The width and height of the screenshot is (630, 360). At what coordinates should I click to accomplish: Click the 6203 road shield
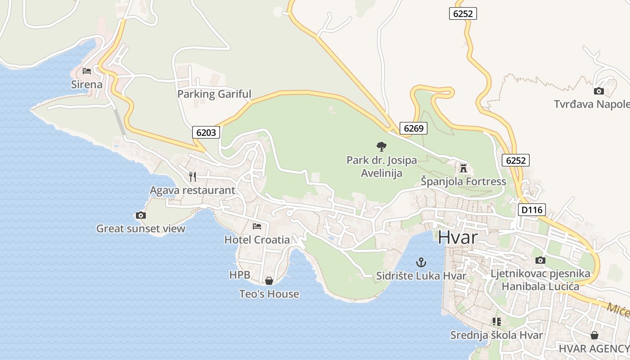pos(207,132)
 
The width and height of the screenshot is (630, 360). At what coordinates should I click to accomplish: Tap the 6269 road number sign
pos(414,128)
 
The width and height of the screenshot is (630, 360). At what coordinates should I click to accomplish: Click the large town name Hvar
pos(457,237)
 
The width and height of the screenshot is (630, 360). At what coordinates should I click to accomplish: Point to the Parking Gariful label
pos(214,94)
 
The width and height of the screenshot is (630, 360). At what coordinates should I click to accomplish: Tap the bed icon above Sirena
pos(86,71)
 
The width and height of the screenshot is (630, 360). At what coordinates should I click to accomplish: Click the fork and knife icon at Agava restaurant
pos(193,176)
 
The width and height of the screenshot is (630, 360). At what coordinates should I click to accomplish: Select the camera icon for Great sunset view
pos(141,215)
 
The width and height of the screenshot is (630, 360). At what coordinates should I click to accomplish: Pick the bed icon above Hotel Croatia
pos(257,226)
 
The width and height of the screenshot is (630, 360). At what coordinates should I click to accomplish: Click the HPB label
pos(239,275)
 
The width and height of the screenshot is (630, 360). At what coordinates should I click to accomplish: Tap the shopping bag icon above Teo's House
pos(269,281)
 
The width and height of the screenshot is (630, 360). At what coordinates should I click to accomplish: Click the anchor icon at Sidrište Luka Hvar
pos(421,262)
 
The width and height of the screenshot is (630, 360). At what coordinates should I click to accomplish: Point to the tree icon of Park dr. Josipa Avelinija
pos(381,146)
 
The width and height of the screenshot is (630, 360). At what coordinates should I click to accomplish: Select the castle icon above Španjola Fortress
pos(463,168)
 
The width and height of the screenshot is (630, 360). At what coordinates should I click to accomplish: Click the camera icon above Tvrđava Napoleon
pos(598,91)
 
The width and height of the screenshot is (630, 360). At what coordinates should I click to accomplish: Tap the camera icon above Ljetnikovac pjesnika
pos(540,260)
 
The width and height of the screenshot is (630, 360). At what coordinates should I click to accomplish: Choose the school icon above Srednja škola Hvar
pos(497,321)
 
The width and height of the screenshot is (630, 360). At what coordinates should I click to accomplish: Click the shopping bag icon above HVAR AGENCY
pos(594,335)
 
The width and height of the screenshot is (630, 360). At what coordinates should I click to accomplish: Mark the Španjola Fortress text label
pos(463,182)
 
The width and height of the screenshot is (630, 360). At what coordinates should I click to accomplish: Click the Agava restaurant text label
pos(193,190)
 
